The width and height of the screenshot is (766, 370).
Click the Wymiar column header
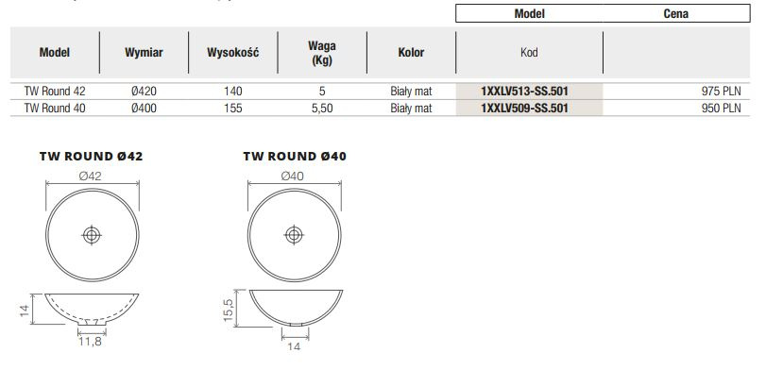pyautogui.click(x=144, y=52)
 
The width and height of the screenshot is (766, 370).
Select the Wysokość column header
pyautogui.click(x=233, y=52)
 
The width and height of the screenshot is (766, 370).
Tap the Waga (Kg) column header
pyautogui.click(x=322, y=53)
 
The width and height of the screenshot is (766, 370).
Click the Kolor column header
pyautogui.click(x=411, y=52)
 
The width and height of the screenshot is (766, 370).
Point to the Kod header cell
pyautogui.click(x=529, y=52)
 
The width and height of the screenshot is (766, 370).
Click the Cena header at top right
pyautogui.click(x=676, y=13)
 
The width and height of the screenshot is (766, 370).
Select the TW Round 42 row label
pyautogui.click(x=55, y=92)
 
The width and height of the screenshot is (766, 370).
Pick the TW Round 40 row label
pyautogui.click(x=55, y=108)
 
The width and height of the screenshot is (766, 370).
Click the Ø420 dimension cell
pyautogui.click(x=144, y=92)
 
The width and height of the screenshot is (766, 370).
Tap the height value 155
pyautogui.click(x=233, y=108)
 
